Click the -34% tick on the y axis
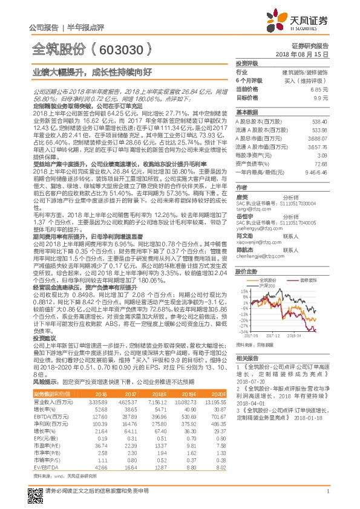click(x=243, y=332)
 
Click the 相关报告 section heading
click(x=247, y=358)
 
